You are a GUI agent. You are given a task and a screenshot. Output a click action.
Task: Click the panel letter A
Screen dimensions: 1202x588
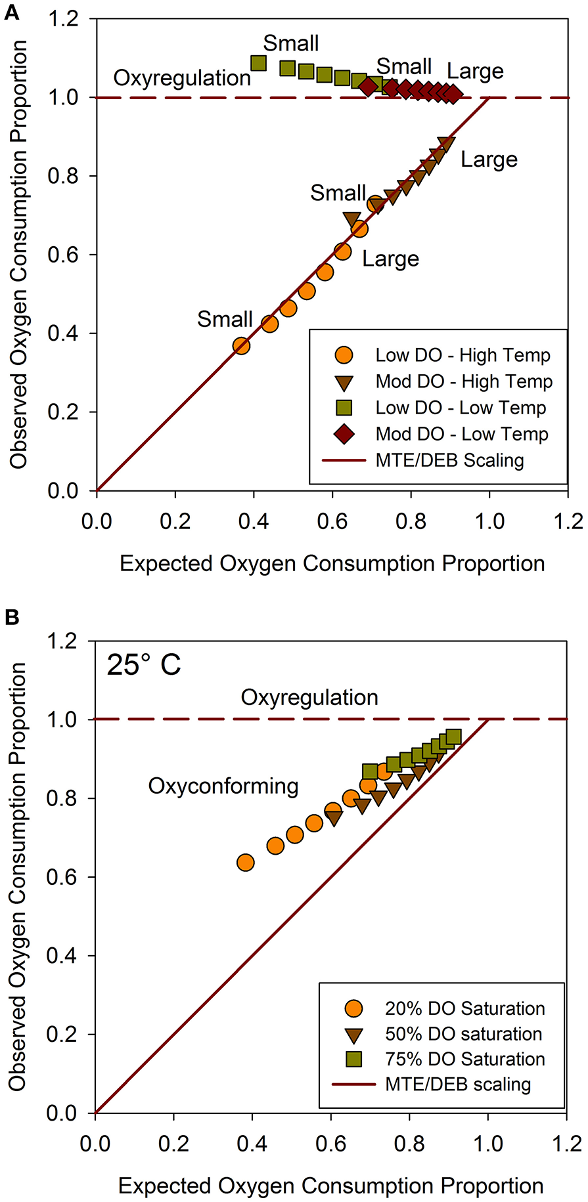coord(12,12)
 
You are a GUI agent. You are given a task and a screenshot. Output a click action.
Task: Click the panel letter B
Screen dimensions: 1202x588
coord(12,618)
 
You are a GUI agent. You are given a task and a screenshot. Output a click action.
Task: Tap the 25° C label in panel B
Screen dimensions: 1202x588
coord(144,666)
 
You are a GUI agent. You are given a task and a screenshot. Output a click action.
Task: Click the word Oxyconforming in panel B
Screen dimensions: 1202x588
coord(223,786)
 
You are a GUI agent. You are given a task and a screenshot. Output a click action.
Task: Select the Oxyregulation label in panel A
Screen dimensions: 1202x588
coord(182,78)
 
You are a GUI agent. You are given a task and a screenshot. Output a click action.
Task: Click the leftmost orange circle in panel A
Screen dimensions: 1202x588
coord(241,346)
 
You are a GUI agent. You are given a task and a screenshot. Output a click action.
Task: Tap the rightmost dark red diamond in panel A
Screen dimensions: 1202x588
coord(453,94)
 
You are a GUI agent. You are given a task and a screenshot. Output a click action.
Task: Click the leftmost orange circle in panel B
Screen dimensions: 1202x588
coord(245,862)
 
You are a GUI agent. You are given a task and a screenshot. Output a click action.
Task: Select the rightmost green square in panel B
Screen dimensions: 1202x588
coord(453,737)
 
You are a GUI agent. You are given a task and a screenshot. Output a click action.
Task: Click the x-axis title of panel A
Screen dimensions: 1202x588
coord(332,563)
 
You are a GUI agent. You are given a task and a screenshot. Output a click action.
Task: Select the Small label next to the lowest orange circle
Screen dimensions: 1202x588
coord(225,320)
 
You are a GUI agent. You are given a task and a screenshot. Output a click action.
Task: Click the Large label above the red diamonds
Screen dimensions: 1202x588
coord(475,71)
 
